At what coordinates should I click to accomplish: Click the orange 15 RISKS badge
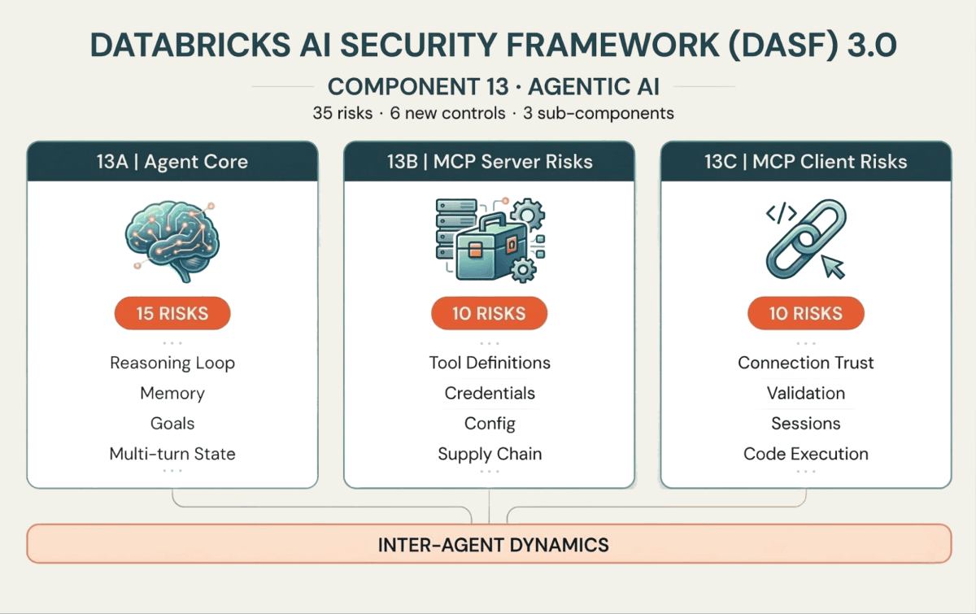172,313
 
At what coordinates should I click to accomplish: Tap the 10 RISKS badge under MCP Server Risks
489,313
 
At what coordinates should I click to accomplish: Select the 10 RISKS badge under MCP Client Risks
805,313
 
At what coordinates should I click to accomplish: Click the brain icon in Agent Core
172,237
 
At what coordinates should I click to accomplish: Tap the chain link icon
805,238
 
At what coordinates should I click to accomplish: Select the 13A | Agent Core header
172,161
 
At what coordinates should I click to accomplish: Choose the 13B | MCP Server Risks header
489,161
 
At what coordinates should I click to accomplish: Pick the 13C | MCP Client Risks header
805,161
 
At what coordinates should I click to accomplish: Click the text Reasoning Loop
172,363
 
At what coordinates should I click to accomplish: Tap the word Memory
172,394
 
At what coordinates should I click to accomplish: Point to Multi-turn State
172,454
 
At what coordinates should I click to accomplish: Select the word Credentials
490,394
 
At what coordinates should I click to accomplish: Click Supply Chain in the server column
490,454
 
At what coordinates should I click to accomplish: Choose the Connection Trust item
805,363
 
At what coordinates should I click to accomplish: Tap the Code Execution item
805,454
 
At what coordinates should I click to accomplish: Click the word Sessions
805,424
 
